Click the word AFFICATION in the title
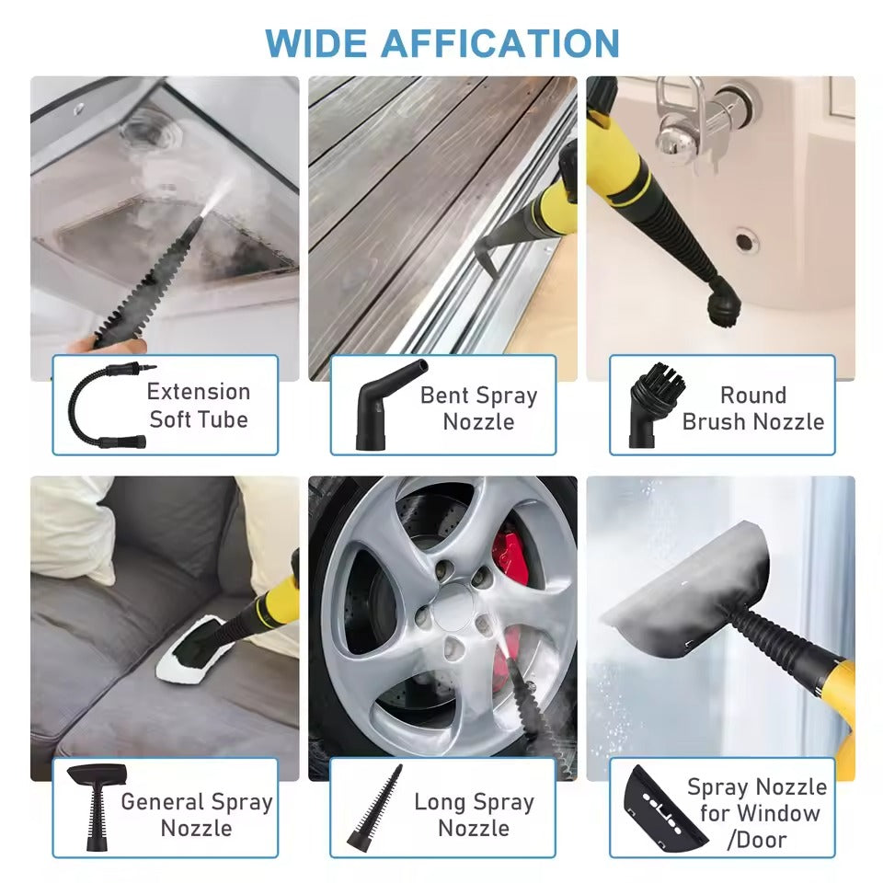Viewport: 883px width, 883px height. [500, 43]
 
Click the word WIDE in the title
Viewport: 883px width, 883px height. [315, 43]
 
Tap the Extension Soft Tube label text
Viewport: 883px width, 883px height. [199, 406]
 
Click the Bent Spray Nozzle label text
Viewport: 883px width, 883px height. [478, 408]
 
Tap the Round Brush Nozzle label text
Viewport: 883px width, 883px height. [753, 408]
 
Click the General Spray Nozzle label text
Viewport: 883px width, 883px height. [197, 814]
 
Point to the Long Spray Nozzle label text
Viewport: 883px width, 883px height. [474, 814]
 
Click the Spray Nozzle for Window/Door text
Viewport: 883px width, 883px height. [757, 813]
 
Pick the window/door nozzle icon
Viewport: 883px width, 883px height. [659, 808]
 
